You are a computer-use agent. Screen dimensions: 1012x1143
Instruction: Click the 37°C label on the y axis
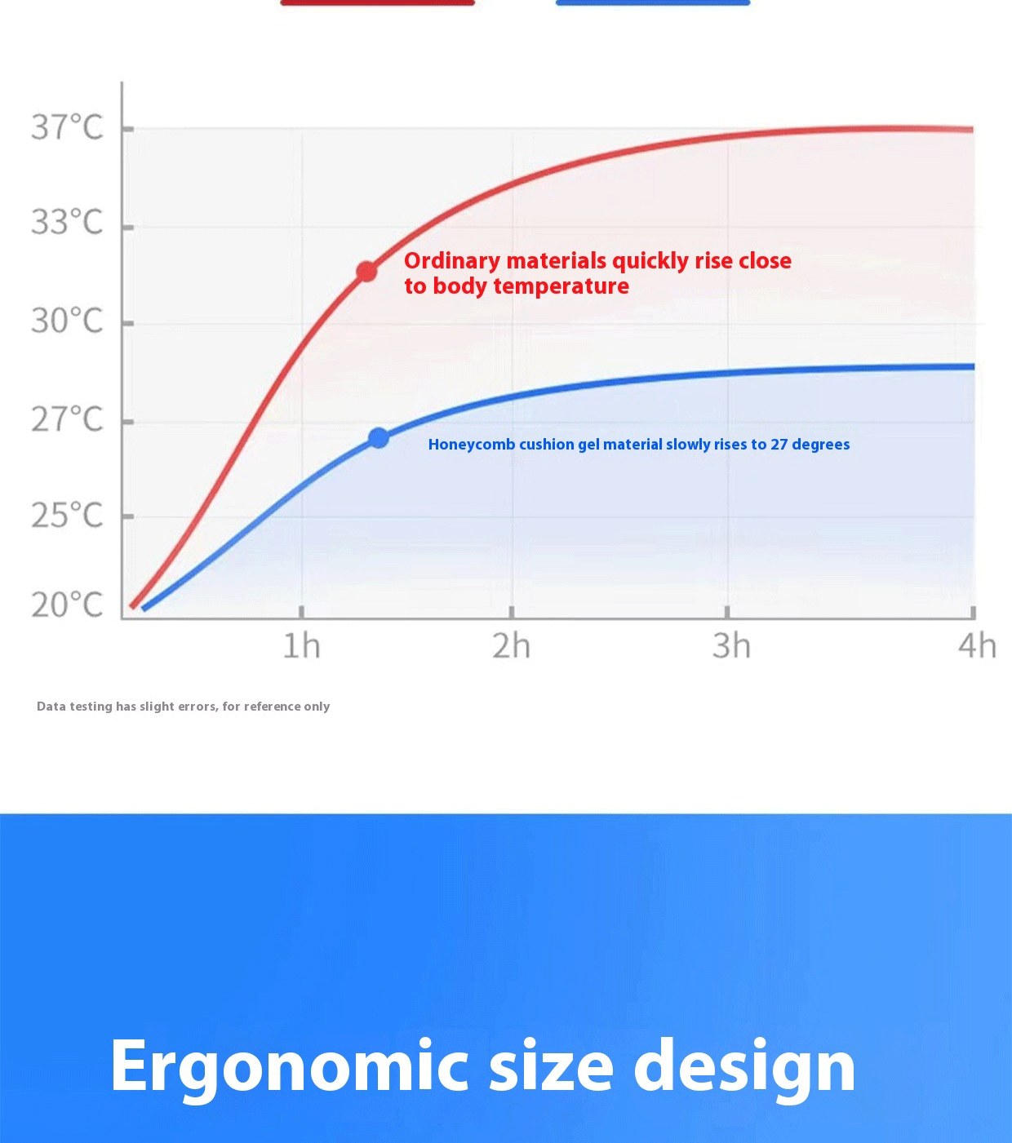pos(67,127)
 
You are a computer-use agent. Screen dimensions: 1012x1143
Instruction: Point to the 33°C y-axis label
pos(67,222)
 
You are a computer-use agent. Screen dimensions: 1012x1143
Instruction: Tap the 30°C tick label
pos(67,321)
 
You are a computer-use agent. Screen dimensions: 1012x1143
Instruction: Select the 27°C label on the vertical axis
pos(67,419)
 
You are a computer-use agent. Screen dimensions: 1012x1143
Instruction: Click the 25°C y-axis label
pos(67,515)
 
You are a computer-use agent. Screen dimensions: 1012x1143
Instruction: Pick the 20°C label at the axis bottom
pos(67,605)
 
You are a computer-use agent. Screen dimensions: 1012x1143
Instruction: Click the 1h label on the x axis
pos(301,645)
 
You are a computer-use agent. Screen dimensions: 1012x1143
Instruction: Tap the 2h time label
pos(512,645)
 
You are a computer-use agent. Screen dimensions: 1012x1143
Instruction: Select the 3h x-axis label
pos(731,645)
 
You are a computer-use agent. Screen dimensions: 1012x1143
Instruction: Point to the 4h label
pos(978,645)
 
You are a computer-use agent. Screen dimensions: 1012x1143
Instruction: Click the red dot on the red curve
pos(367,272)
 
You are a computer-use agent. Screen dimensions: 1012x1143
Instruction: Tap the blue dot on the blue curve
pos(379,438)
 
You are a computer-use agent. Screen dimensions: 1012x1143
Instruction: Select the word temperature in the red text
pos(561,286)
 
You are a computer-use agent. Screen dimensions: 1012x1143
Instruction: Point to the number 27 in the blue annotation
pos(779,445)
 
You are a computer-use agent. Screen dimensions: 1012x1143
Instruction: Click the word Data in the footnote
pos(51,707)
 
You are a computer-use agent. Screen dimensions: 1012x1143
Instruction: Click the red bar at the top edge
pos(378,2)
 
